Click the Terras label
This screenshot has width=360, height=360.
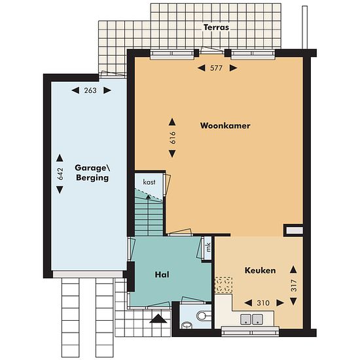[x=216, y=27]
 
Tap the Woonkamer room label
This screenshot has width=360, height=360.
[x=225, y=126]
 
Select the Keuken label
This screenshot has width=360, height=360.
[x=260, y=270]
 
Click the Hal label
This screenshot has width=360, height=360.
[x=162, y=274]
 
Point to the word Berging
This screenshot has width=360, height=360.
[x=92, y=177]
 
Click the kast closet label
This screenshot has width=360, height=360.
[x=149, y=182]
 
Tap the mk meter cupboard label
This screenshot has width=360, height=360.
[x=208, y=247]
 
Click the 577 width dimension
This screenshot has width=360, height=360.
[x=216, y=68]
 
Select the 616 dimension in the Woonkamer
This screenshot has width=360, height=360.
[x=172, y=137]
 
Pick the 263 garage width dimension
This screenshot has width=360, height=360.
[x=90, y=90]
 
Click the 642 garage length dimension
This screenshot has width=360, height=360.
[x=60, y=174]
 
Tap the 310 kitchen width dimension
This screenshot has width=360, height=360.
[x=263, y=303]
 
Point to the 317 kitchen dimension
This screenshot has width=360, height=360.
[x=294, y=285]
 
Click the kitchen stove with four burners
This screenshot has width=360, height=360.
[x=223, y=285]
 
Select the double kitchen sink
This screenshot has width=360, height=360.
[x=251, y=319]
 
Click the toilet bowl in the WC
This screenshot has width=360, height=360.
[x=203, y=315]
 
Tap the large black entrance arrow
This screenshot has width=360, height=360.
[x=158, y=319]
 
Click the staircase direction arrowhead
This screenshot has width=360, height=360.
[x=149, y=196]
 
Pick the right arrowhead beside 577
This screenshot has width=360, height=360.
[x=233, y=68]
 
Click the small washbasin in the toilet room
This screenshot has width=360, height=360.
[x=187, y=325]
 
